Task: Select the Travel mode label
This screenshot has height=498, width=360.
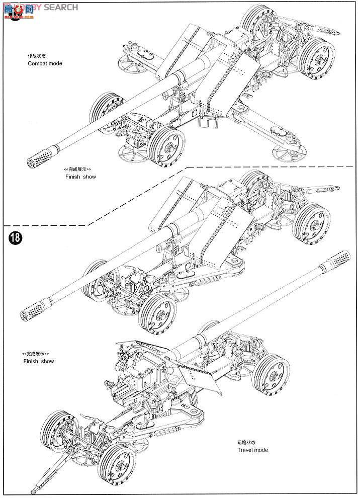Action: [253, 450]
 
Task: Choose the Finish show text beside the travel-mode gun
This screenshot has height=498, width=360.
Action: [39, 361]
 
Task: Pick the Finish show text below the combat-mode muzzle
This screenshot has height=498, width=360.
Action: [80, 177]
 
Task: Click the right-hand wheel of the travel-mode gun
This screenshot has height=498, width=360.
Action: [273, 376]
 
